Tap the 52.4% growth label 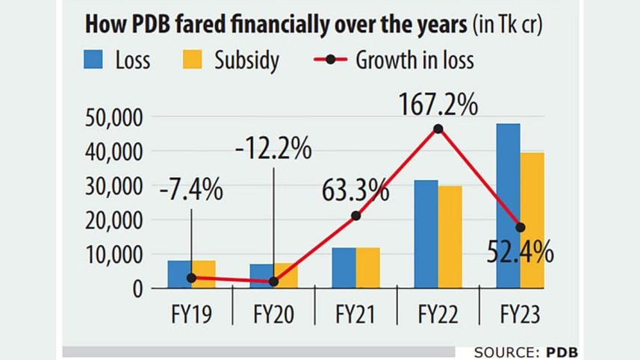tap(521, 253)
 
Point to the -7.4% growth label tap(191, 190)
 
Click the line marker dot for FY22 tap(438, 128)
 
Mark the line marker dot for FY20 tap(273, 282)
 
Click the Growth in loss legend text tap(414, 60)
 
